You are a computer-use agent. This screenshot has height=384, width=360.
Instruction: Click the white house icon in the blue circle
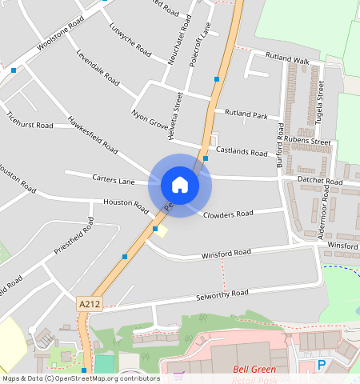pyautogui.click(x=180, y=185)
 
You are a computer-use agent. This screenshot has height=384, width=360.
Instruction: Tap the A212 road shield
pyautogui.click(x=89, y=304)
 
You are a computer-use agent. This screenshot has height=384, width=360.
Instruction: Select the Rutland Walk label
pyautogui.click(x=287, y=59)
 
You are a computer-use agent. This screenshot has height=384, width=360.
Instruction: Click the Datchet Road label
pyautogui.click(x=319, y=182)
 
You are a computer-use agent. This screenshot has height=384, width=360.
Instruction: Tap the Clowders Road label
pyautogui.click(x=228, y=214)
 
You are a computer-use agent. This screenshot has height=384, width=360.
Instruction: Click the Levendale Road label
pyautogui.click(x=98, y=69)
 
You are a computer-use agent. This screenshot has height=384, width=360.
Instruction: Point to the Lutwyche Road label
pyautogui.click(x=130, y=45)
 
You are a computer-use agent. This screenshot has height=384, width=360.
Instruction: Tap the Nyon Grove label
pyautogui.click(x=150, y=119)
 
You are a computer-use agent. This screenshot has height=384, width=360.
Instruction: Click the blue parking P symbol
pyautogui.click(x=322, y=365)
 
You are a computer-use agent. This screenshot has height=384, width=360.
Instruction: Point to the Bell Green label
pyautogui.click(x=254, y=370)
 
